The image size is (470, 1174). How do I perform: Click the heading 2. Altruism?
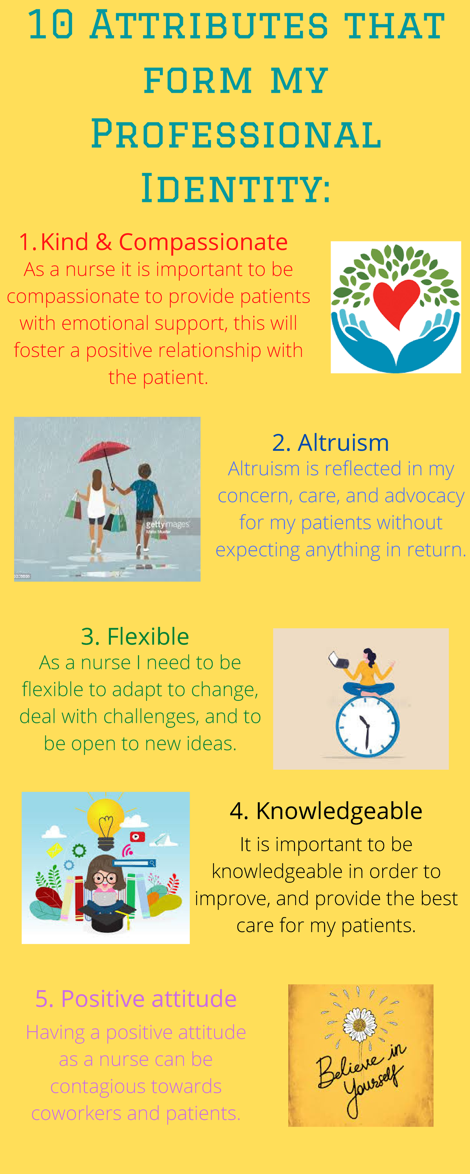pos(330,443)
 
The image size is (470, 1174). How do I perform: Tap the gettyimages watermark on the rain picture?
pos(167,525)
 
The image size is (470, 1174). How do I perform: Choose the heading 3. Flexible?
pos(135,636)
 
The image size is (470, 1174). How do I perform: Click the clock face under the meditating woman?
pos(367,726)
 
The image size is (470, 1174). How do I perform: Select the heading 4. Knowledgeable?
pos(326,811)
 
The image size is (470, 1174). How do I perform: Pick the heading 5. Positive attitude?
pos(136,999)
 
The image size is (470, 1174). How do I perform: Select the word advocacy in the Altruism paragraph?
pos(424,496)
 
